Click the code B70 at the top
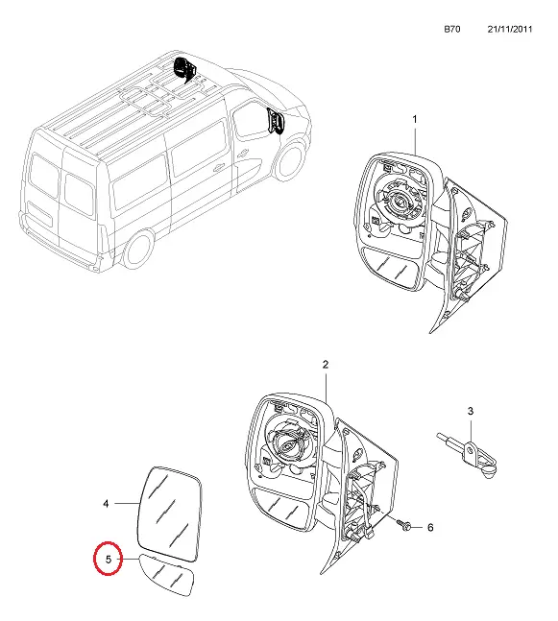click(451, 29)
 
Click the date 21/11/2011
click(510, 29)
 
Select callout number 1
click(415, 119)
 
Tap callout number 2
click(326, 365)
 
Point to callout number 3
click(471, 411)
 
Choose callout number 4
click(106, 504)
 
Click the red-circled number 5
click(109, 560)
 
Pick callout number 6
click(430, 528)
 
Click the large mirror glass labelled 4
click(170, 514)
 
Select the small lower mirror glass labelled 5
click(167, 575)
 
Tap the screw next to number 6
click(403, 525)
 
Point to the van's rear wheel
click(139, 249)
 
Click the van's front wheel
click(290, 161)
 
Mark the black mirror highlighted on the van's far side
click(183, 69)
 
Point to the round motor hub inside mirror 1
click(401, 202)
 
